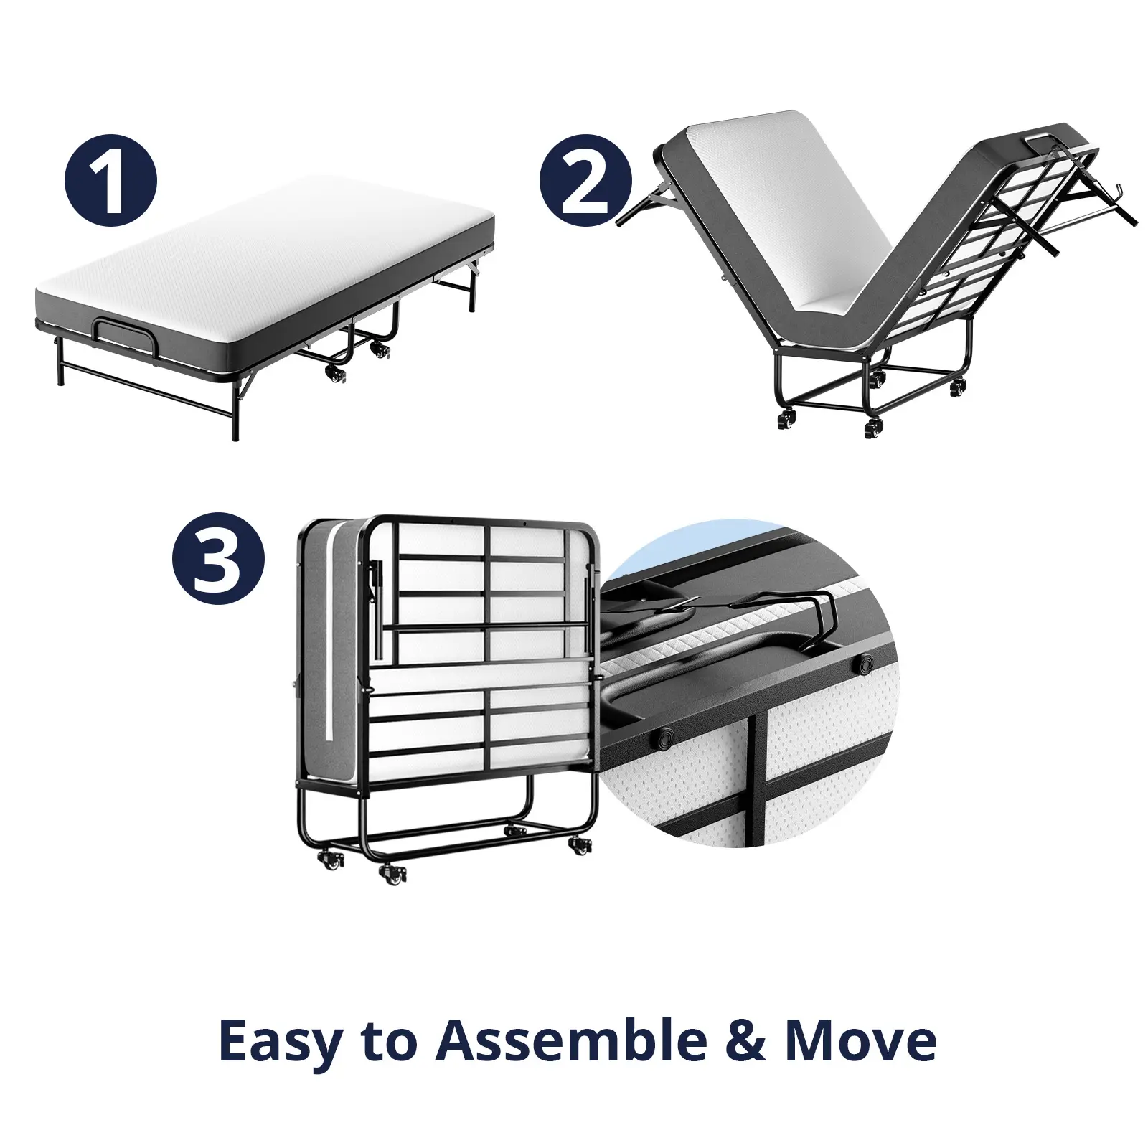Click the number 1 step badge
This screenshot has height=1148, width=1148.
click(110, 181)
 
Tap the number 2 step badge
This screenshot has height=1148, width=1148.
click(585, 181)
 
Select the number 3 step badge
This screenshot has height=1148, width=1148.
click(219, 559)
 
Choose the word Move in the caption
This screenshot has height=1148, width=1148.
click(861, 1041)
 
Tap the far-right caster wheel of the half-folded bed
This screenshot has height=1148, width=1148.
click(957, 386)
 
